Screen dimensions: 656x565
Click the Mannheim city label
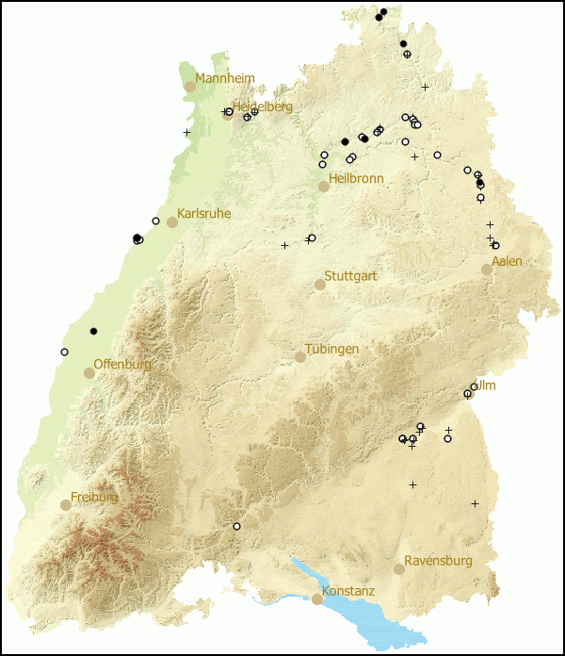pyautogui.click(x=224, y=78)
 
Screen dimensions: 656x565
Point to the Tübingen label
pyautogui.click(x=331, y=349)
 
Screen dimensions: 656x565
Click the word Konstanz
pyautogui.click(x=348, y=591)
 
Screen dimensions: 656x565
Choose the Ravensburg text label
pyautogui.click(x=438, y=561)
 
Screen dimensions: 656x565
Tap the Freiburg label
pyautogui.click(x=95, y=497)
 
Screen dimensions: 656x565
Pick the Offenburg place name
pyautogui.click(x=122, y=365)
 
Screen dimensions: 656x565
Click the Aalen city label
pyautogui.click(x=507, y=261)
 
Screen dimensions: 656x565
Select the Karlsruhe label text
pyautogui.click(x=203, y=214)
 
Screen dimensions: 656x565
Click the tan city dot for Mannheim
pyautogui.click(x=190, y=86)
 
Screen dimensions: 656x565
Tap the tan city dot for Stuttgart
pyautogui.click(x=320, y=284)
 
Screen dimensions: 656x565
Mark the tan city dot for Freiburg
pyautogui.click(x=66, y=504)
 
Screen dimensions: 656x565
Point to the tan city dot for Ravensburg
pyautogui.click(x=399, y=568)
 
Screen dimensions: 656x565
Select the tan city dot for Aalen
pyautogui.click(x=487, y=269)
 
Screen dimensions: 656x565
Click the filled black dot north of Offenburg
pyautogui.click(x=94, y=331)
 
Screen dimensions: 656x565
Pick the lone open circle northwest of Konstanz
pyautogui.click(x=237, y=526)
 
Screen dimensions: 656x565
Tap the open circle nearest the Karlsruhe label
pyautogui.click(x=156, y=221)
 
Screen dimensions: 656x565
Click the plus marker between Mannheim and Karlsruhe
pyautogui.click(x=186, y=132)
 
